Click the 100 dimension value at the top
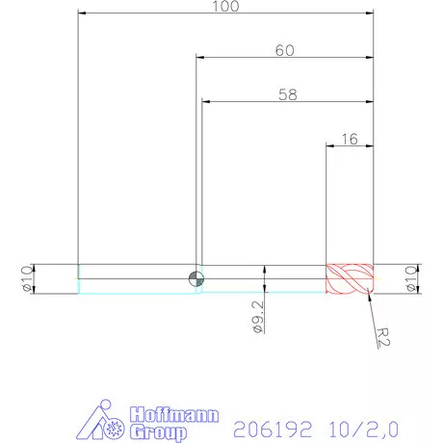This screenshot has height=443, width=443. tap(225, 7)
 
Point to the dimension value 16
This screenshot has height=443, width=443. tap(350, 139)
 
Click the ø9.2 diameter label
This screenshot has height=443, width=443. tap(258, 316)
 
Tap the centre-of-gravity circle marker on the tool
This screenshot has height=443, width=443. tap(196, 278)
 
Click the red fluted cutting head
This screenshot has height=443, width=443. tap(348, 279)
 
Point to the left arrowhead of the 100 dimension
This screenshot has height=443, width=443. tap(82, 13)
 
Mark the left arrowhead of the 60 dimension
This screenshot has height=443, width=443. tap(200, 58)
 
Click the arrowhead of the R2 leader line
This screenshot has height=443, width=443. tap(367, 298)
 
